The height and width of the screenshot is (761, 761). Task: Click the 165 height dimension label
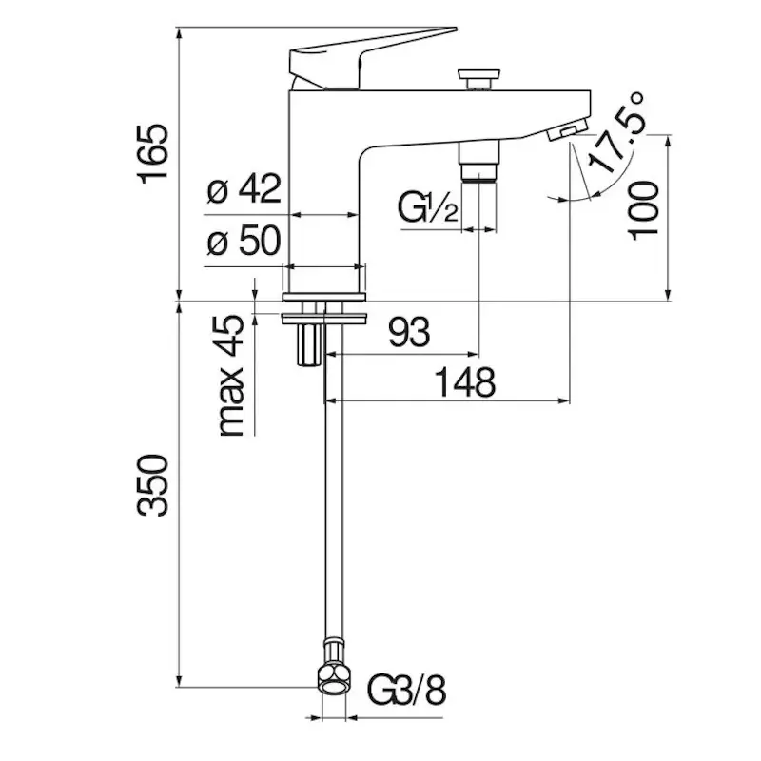[x=154, y=154]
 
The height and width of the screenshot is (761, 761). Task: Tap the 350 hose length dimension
[x=153, y=485]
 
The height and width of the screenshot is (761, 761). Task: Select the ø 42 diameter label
[x=244, y=188]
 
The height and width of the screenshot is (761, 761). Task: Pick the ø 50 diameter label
[x=244, y=241]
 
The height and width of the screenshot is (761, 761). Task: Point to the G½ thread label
[x=427, y=207]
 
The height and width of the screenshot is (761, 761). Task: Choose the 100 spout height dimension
[x=644, y=210]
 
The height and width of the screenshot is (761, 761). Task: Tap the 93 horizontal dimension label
[x=409, y=332]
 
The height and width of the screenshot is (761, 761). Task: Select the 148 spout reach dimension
[x=464, y=382]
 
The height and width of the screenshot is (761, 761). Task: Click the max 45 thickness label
[x=231, y=375]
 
